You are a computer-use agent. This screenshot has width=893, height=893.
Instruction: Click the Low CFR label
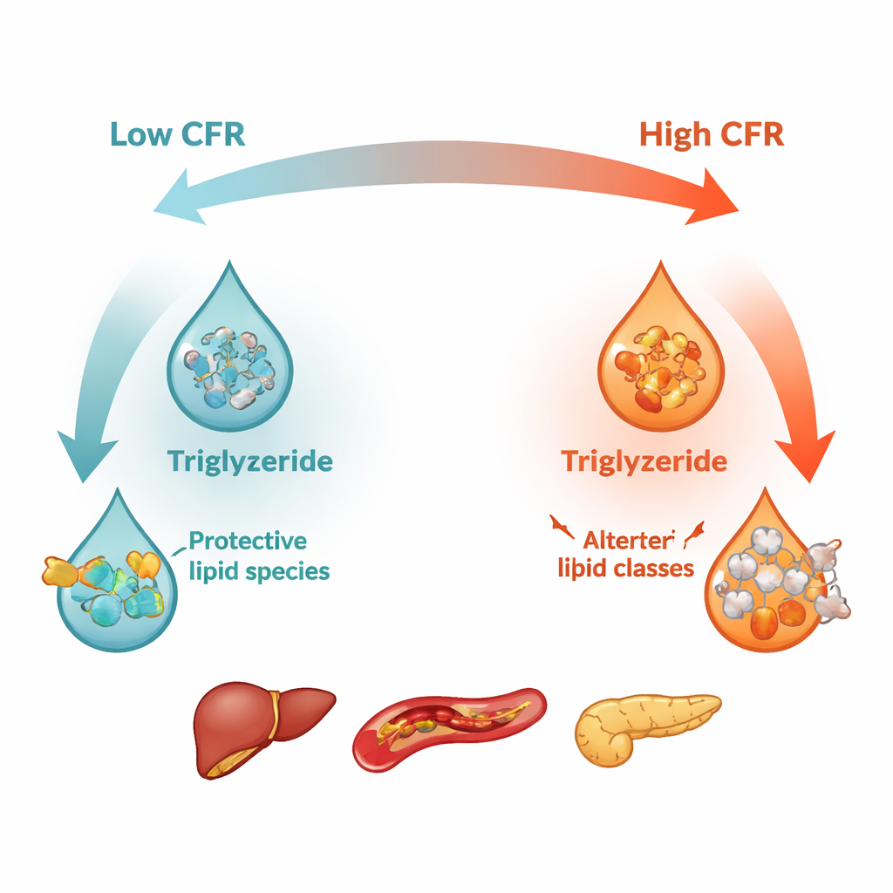click(177, 135)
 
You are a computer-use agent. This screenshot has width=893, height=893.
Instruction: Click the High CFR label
click(711, 135)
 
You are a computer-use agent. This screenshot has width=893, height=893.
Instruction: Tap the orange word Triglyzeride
click(644, 460)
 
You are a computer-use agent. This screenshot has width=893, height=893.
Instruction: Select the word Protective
click(248, 541)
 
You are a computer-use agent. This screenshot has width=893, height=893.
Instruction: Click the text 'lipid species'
click(259, 571)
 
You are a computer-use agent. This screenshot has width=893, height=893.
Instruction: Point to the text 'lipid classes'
click(625, 569)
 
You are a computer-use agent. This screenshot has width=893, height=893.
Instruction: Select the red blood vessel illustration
click(449, 723)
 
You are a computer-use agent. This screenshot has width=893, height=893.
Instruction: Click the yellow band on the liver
click(276, 712)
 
